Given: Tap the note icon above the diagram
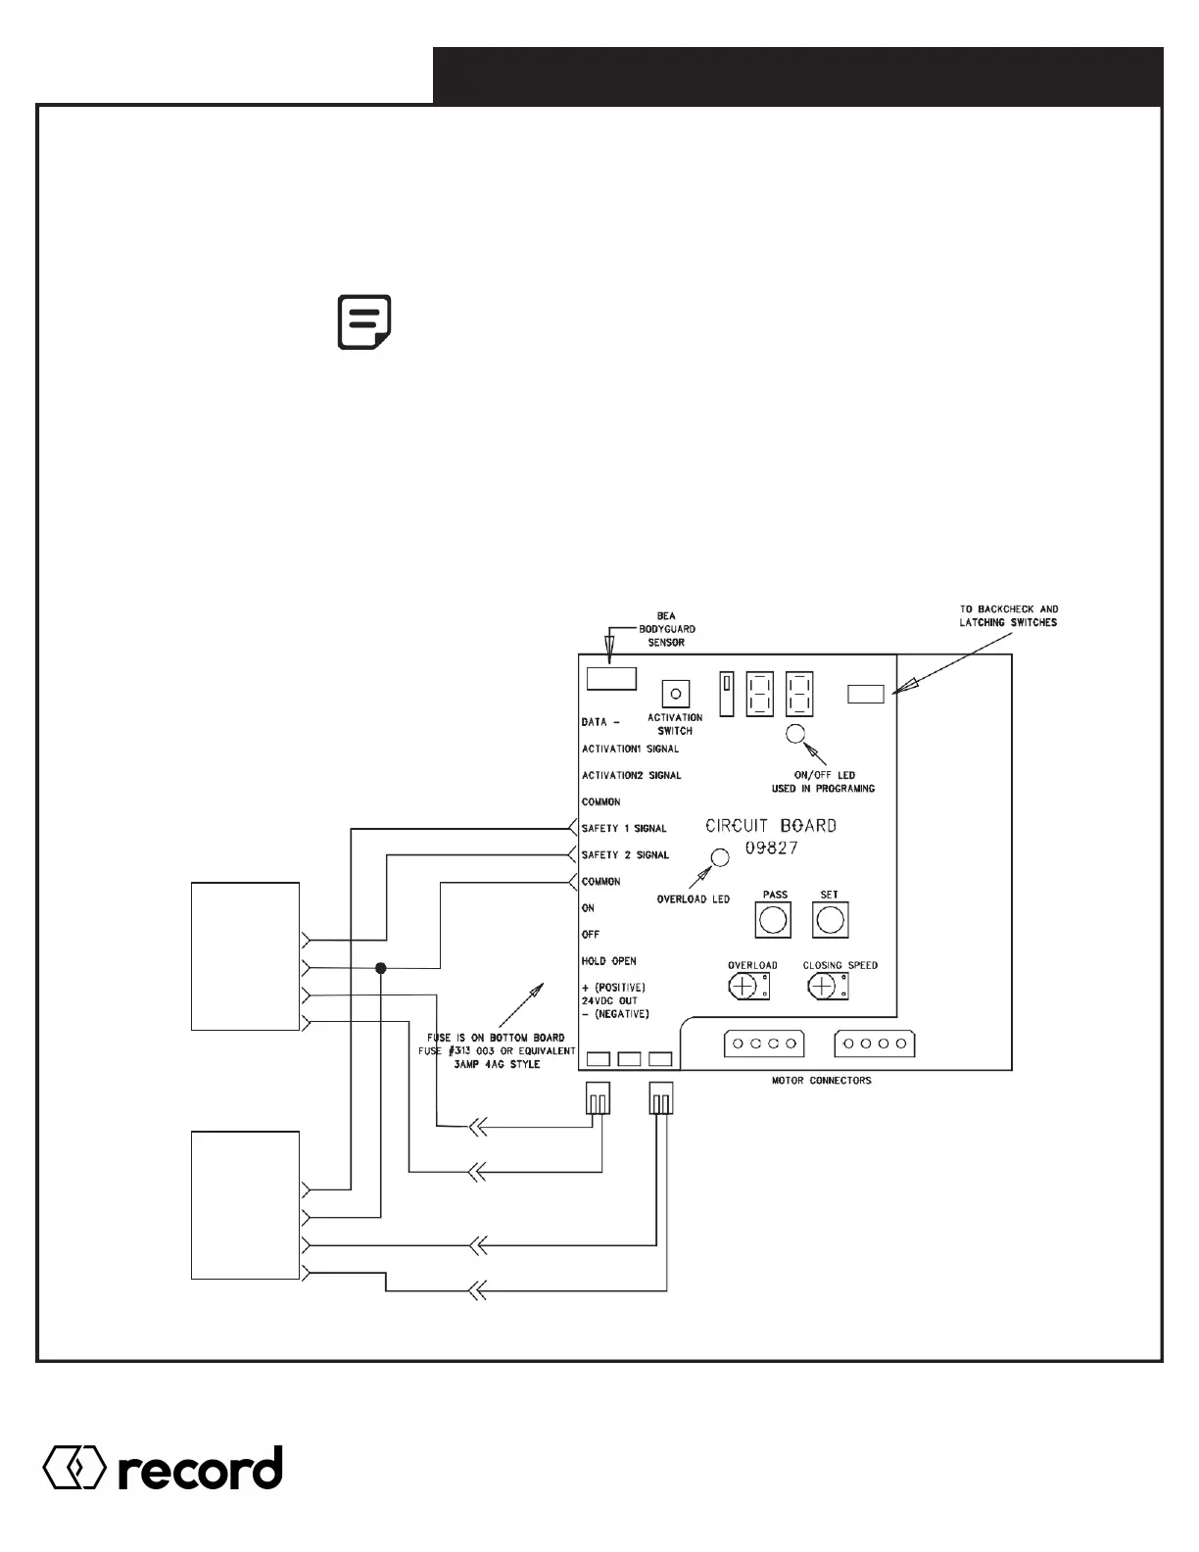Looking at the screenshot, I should tap(364, 321).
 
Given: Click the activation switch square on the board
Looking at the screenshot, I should tap(675, 694).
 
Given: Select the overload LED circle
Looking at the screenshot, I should tap(719, 857).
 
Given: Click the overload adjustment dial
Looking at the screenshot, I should tap(746, 986).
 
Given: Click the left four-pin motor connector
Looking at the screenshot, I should tap(764, 1043).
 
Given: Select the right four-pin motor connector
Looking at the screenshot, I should tap(874, 1043).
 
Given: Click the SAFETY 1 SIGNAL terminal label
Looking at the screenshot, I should tap(624, 829).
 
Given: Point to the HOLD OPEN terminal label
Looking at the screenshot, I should tap(608, 961).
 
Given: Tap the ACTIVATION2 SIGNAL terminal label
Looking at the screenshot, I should tap(631, 775).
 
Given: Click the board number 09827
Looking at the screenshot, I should tap(771, 849).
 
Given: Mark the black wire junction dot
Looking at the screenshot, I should tap(381, 968).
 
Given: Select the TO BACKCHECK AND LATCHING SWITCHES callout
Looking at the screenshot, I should tap(1008, 615).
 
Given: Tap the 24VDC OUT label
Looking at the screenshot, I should tap(609, 1000).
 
